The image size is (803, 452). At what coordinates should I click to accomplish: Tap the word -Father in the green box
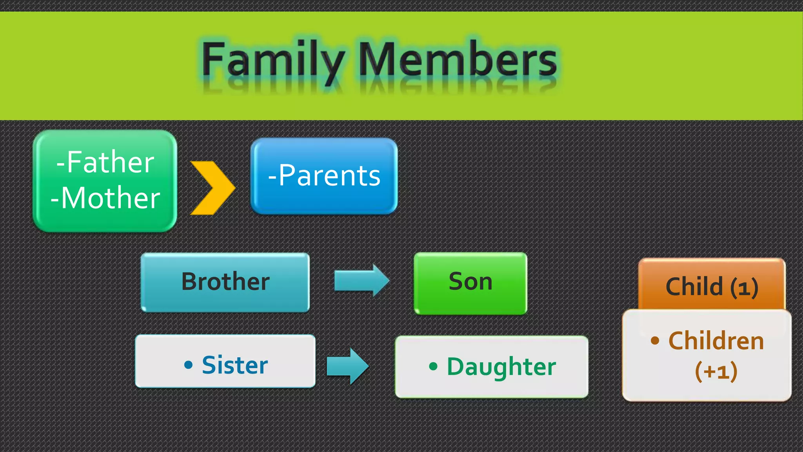[105, 162]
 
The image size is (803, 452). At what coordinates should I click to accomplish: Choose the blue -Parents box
[324, 175]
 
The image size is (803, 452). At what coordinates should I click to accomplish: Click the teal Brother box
[225, 282]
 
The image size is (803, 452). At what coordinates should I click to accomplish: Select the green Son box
[470, 282]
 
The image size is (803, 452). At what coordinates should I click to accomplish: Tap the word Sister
[235, 365]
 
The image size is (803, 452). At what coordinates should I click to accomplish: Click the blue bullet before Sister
[189, 365]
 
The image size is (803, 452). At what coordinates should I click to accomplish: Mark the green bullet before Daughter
[433, 367]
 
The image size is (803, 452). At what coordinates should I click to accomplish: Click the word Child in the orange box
[694, 286]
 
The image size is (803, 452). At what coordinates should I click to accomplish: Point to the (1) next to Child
[744, 288]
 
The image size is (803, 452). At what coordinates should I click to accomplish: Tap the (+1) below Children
[716, 371]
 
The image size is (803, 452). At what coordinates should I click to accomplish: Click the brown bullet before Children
[655, 340]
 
